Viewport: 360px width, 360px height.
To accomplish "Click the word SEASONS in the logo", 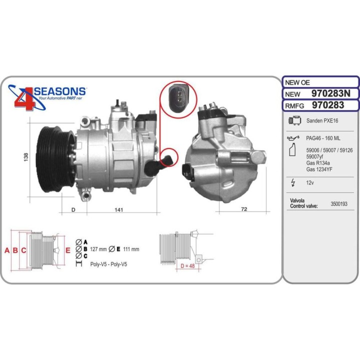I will coord(59,91).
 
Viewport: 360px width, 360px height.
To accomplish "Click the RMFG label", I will coord(295,105).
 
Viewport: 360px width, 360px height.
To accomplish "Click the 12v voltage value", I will coord(310,183).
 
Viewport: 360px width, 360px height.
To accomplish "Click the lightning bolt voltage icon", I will coord(293,183).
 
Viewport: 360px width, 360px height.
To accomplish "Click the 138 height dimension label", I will coord(25,156).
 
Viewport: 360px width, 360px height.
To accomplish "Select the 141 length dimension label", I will coord(118,209).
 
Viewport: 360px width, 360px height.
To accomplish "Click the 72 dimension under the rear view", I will coord(244,209).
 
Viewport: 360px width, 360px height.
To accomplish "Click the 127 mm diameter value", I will coord(99,248).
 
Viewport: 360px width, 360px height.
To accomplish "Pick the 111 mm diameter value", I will coord(130,248).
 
